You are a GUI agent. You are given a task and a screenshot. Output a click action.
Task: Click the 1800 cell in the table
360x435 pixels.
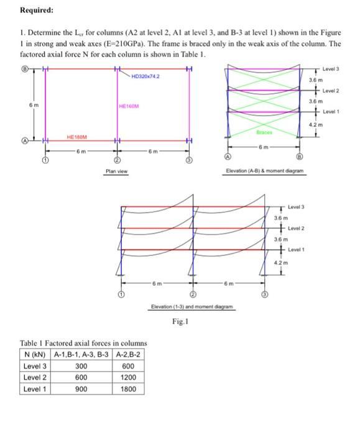pyautogui.click(x=128, y=389)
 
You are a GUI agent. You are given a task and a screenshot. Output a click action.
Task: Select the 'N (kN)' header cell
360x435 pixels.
pyautogui.click(x=35, y=355)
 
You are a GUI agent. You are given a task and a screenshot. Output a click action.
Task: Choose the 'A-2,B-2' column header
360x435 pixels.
pyautogui.click(x=128, y=355)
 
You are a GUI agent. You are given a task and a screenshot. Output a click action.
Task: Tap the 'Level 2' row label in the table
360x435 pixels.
pyautogui.click(x=35, y=378)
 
